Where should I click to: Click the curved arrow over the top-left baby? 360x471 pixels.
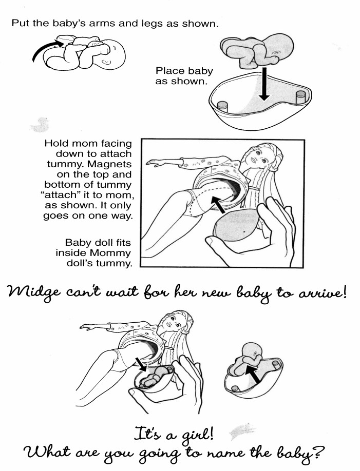[x=49, y=50]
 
